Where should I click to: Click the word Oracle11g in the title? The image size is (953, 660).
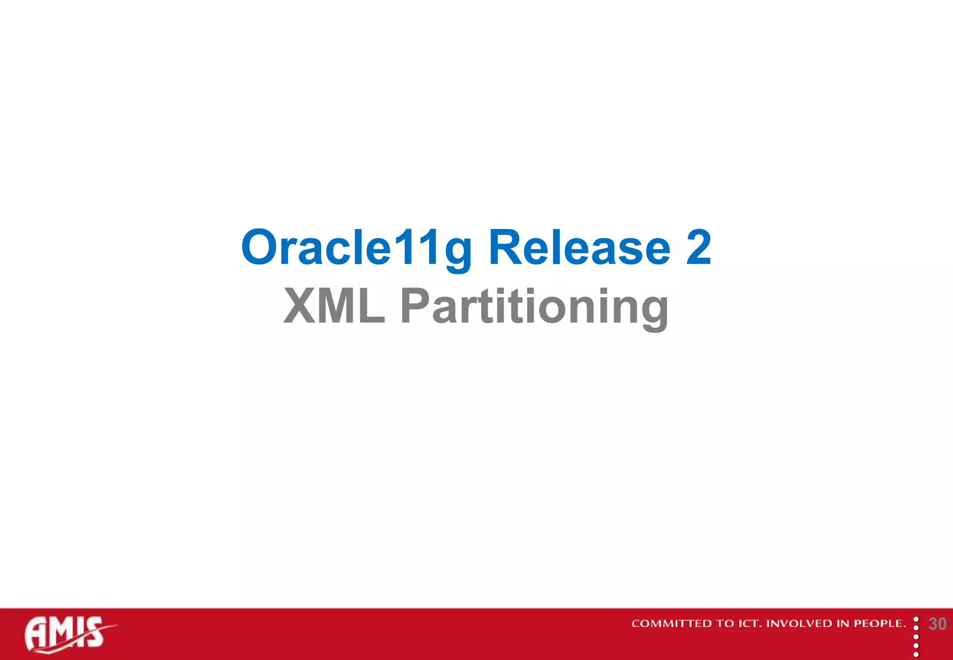tap(356, 248)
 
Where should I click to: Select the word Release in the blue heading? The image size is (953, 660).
tap(579, 248)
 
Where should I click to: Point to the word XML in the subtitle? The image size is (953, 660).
tap(334, 307)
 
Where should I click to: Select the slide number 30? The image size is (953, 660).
tap(937, 624)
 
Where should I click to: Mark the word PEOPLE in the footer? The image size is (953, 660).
tap(879, 624)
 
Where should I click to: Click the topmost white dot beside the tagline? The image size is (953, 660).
tap(916, 620)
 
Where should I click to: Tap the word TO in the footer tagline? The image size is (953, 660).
tap(725, 624)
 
